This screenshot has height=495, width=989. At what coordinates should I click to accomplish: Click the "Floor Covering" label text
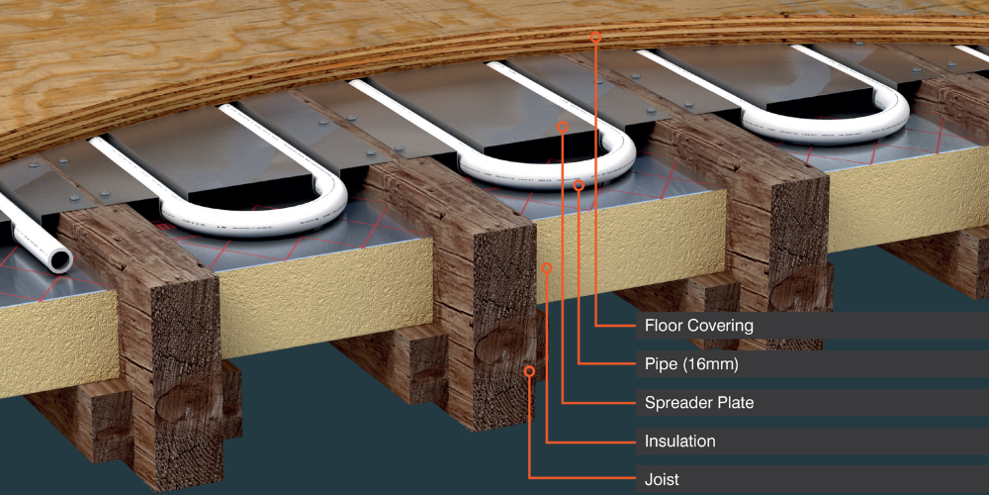[699, 326]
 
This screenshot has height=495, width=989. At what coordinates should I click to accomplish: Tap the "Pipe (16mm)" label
[691, 364]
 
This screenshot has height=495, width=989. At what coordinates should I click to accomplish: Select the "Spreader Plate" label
[699, 402]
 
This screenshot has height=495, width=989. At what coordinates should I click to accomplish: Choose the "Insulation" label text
[680, 441]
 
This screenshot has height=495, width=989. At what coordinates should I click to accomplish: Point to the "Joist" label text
[662, 479]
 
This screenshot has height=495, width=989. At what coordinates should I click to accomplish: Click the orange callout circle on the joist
[530, 371]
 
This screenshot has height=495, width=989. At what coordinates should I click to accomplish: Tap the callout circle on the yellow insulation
[547, 268]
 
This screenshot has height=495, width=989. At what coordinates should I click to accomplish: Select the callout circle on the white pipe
[579, 186]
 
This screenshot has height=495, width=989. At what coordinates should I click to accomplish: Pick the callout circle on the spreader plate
[563, 127]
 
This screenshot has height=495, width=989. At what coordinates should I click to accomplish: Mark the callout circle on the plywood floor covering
[595, 37]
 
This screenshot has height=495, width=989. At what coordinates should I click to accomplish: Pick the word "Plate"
[736, 402]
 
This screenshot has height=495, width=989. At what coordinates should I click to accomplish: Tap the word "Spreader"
[678, 402]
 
